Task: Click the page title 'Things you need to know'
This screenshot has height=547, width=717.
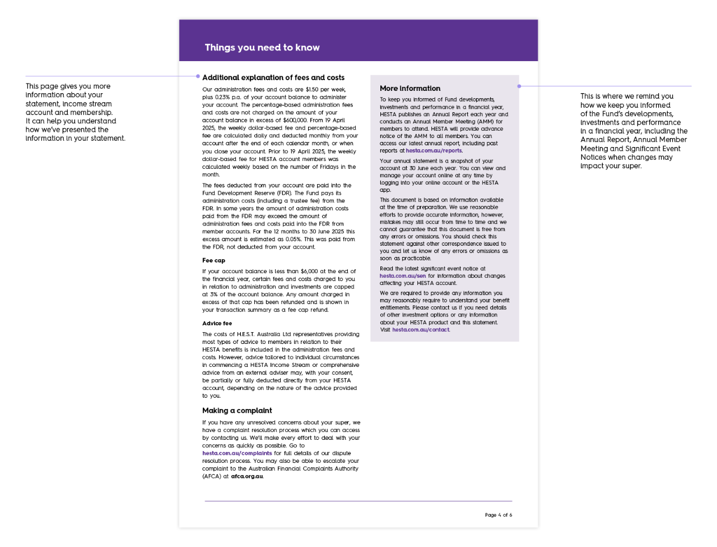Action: [x=262, y=48]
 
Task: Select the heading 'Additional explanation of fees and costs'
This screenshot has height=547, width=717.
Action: [x=273, y=77]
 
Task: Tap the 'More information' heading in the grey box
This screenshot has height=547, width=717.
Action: [x=410, y=88]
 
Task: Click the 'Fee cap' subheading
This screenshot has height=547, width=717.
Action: [x=213, y=260]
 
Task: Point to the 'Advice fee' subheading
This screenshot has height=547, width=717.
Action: [x=217, y=323]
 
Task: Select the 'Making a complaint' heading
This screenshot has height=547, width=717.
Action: [x=237, y=411]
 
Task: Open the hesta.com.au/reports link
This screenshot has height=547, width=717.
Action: [x=434, y=150]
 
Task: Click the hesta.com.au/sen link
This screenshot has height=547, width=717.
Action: [x=403, y=276]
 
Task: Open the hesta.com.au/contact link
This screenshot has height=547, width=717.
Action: [x=421, y=330]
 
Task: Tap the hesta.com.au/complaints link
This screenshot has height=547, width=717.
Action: [x=237, y=453]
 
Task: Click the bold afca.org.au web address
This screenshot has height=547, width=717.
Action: [x=247, y=476]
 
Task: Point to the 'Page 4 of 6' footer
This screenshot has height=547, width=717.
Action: [x=498, y=514]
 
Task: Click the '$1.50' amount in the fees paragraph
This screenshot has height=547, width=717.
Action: [x=312, y=89]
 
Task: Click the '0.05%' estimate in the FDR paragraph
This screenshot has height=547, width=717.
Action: [x=292, y=239]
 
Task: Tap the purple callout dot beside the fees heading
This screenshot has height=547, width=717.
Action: [x=198, y=76]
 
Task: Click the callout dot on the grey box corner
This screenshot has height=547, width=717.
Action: [x=519, y=86]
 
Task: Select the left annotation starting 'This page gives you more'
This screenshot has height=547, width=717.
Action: [x=75, y=112]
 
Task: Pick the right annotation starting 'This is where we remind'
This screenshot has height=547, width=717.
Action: [x=634, y=131]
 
